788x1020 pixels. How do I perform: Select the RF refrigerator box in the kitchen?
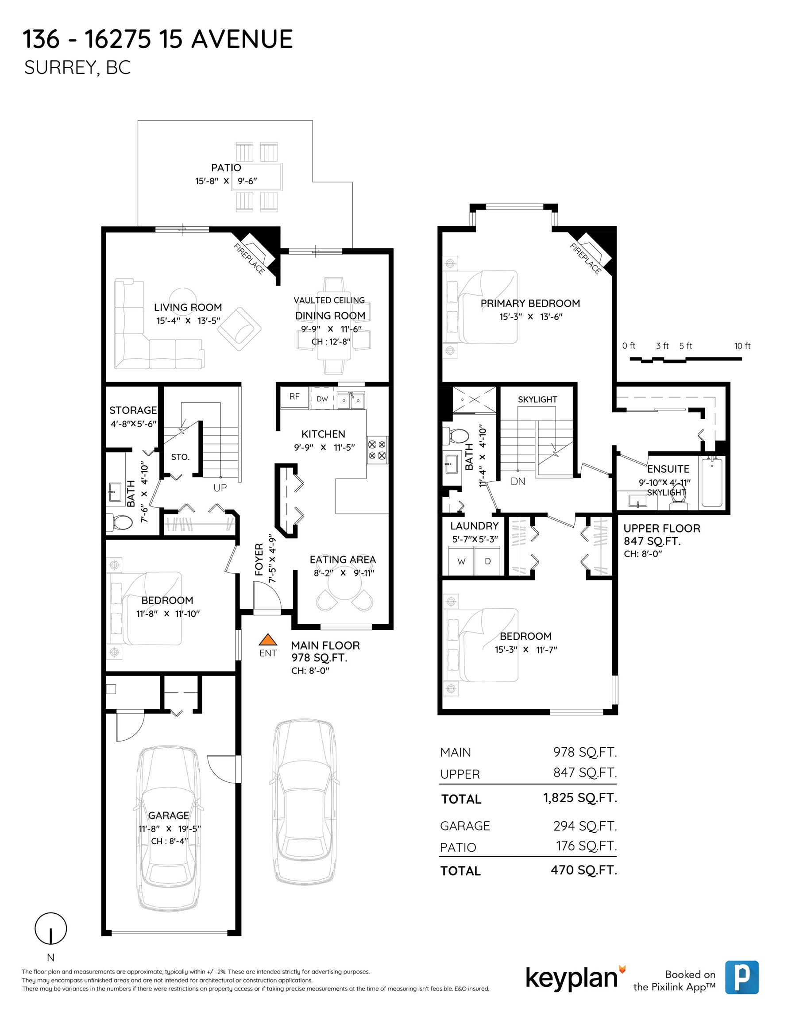click(x=294, y=397)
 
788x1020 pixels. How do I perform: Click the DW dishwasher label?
click(x=322, y=399)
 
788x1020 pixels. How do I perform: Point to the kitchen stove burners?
click(x=377, y=450)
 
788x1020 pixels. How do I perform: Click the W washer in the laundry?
click(x=461, y=561)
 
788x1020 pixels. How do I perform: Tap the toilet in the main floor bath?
click(x=119, y=522)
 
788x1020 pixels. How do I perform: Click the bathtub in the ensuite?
click(x=712, y=483)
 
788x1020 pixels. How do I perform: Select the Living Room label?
click(x=188, y=307)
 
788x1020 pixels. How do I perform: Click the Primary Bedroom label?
click(x=530, y=304)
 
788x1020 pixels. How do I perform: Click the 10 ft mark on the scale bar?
click(x=742, y=346)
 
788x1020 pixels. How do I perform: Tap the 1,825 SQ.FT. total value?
click(x=579, y=798)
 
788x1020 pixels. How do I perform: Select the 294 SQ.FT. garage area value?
click(x=585, y=826)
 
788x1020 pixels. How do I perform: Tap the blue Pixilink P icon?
click(x=742, y=977)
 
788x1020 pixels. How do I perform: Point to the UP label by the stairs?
click(x=220, y=487)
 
